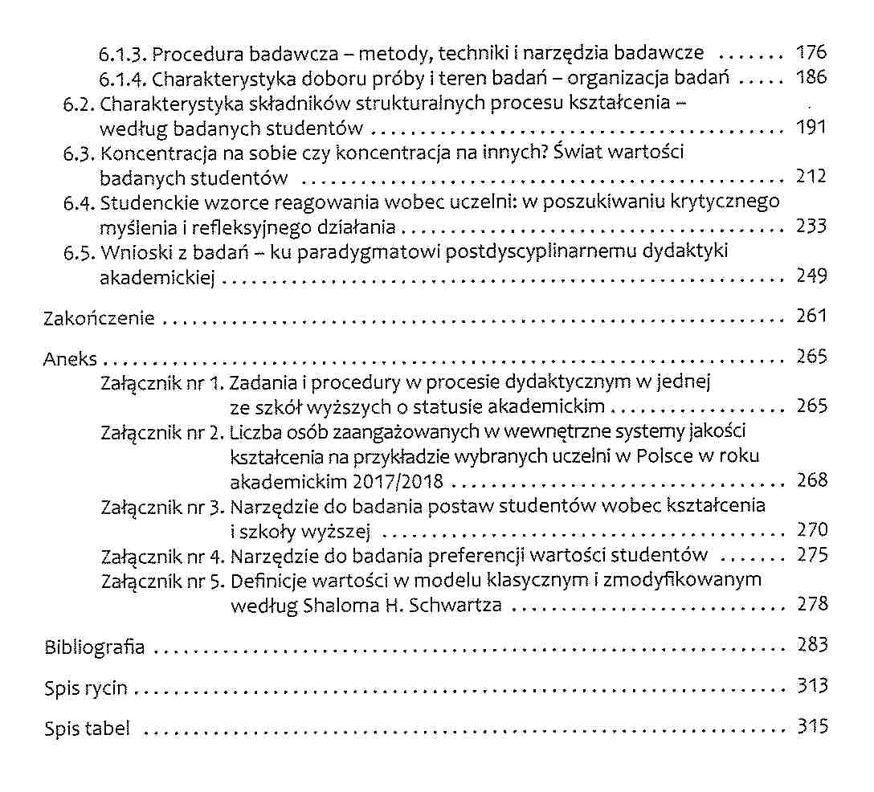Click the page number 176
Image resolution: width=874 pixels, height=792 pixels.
[x=811, y=54]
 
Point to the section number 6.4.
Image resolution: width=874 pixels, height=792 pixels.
[x=79, y=202]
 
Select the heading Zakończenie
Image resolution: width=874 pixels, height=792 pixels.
[x=98, y=318]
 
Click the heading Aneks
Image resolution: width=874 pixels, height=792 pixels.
[x=70, y=359]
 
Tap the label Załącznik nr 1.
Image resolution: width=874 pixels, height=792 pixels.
[x=162, y=383]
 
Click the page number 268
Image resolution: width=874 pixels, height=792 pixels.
[x=811, y=480]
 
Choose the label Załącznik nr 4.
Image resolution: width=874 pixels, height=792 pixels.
[x=162, y=556]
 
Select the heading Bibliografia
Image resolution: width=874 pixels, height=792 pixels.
[x=95, y=647]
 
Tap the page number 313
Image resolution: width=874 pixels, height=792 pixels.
[x=811, y=687]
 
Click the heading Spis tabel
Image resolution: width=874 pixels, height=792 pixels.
[x=87, y=729]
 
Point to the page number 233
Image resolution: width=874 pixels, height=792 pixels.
[x=811, y=226]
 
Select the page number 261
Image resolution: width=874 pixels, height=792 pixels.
[x=811, y=316]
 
